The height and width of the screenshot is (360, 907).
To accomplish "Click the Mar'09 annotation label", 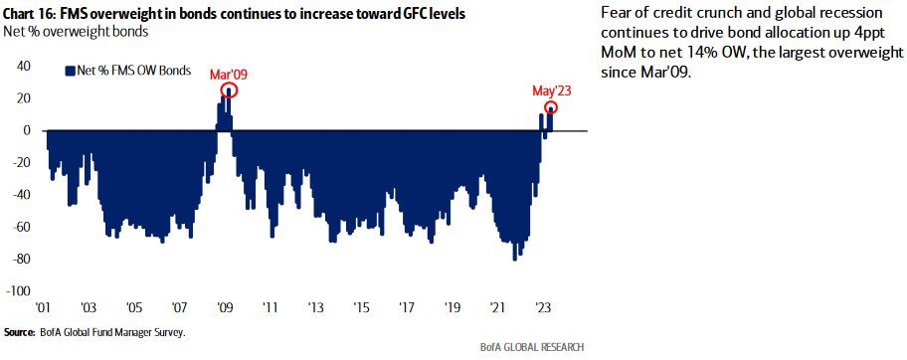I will pyautogui.click(x=228, y=75).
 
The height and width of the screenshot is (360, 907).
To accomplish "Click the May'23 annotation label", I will pyautogui.click(x=550, y=90).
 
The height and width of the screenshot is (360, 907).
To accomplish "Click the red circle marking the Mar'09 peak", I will pyautogui.click(x=228, y=91).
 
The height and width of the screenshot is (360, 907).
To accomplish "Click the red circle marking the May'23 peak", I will pyautogui.click(x=550, y=107).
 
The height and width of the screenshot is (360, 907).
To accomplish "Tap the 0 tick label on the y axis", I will pyautogui.click(x=28, y=130).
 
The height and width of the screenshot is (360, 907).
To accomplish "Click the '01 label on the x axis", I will pyautogui.click(x=44, y=308).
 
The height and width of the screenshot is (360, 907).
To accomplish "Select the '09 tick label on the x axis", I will pyautogui.click(x=225, y=308).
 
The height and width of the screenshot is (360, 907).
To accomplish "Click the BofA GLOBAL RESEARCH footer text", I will pyautogui.click(x=534, y=347).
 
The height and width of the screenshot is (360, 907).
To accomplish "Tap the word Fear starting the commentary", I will pyautogui.click(x=619, y=13).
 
